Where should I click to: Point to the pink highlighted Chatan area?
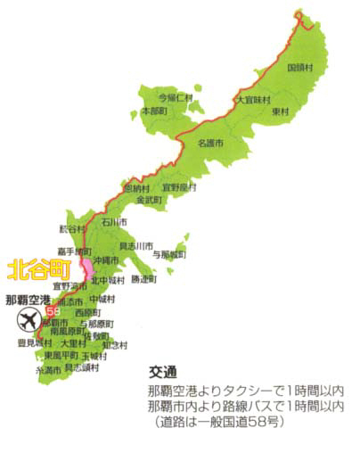point(86,265)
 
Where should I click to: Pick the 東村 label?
point(281,111)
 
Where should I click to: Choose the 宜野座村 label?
point(179,188)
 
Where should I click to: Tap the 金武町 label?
point(150,201)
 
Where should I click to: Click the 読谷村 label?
point(70,226)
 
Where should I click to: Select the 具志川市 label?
point(135,245)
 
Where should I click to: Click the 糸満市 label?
point(47,369)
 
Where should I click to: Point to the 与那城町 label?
point(170,254)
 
